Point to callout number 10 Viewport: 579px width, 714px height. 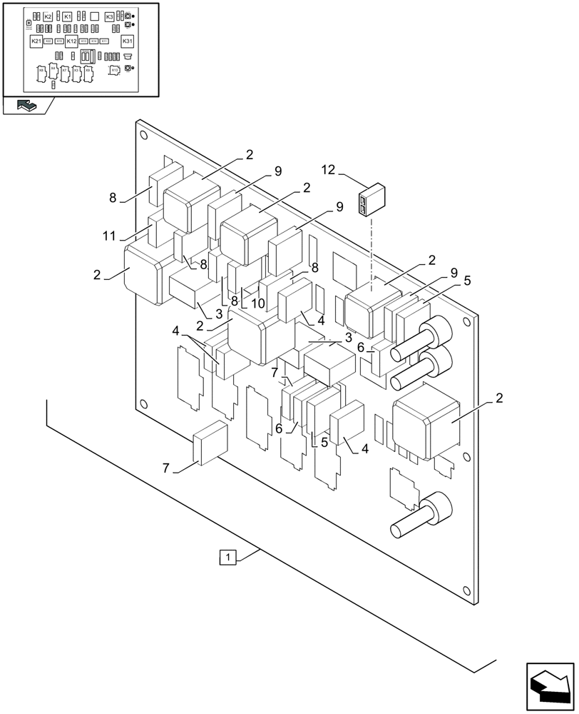(257, 303)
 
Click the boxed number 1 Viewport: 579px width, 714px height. (227, 557)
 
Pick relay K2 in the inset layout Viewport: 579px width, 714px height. (48, 16)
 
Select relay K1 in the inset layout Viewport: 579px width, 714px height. (67, 16)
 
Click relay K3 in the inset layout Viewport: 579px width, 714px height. (109, 16)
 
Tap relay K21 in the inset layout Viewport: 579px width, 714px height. (36, 41)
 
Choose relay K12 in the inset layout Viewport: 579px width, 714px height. (71, 41)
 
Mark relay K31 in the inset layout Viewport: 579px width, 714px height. (127, 41)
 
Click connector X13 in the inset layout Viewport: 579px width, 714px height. (114, 70)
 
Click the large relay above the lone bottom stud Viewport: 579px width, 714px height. (425, 425)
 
